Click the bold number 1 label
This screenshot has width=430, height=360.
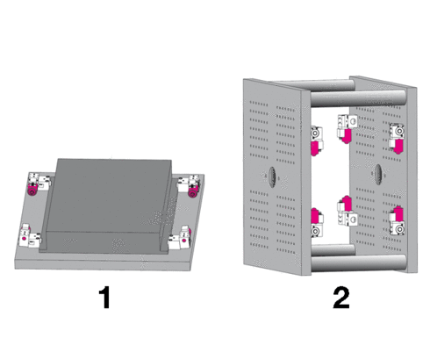click(104, 297)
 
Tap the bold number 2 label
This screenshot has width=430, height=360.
click(341, 298)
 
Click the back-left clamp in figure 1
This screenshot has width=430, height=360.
click(38, 184)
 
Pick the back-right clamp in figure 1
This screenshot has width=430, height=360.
click(189, 185)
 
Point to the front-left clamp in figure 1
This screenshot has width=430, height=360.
click(30, 236)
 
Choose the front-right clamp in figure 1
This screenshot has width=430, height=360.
click(180, 238)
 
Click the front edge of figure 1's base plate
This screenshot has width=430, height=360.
click(103, 264)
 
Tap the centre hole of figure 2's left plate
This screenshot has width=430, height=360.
click(272, 176)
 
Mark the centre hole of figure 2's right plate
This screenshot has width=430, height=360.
click(378, 175)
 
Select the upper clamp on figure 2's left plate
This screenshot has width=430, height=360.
click(317, 140)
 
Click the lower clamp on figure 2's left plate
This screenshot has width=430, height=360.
click(317, 222)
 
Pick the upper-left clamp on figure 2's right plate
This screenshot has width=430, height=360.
click(347, 129)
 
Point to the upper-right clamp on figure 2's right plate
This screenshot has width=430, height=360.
click(397, 138)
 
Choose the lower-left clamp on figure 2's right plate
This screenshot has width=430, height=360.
click(347, 211)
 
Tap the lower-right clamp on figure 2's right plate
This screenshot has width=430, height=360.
click(397, 220)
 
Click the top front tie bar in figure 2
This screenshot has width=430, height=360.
click(358, 98)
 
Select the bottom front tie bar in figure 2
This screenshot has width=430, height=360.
click(358, 263)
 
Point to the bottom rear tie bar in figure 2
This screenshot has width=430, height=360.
click(333, 250)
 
